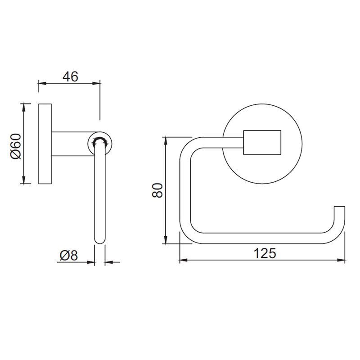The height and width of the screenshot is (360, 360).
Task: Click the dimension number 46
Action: [70, 76]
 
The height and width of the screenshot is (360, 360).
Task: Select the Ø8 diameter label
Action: [69, 255]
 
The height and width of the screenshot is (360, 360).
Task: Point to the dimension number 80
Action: [156, 189]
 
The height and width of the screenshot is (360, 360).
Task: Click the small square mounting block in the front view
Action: [262, 143]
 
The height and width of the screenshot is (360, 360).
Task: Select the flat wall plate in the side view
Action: [45, 144]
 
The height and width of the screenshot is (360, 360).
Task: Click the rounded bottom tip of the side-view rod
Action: [99, 240]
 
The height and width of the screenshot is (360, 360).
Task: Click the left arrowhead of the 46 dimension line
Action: [42, 83]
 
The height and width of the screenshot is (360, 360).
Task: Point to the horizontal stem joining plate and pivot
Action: [70, 144]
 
